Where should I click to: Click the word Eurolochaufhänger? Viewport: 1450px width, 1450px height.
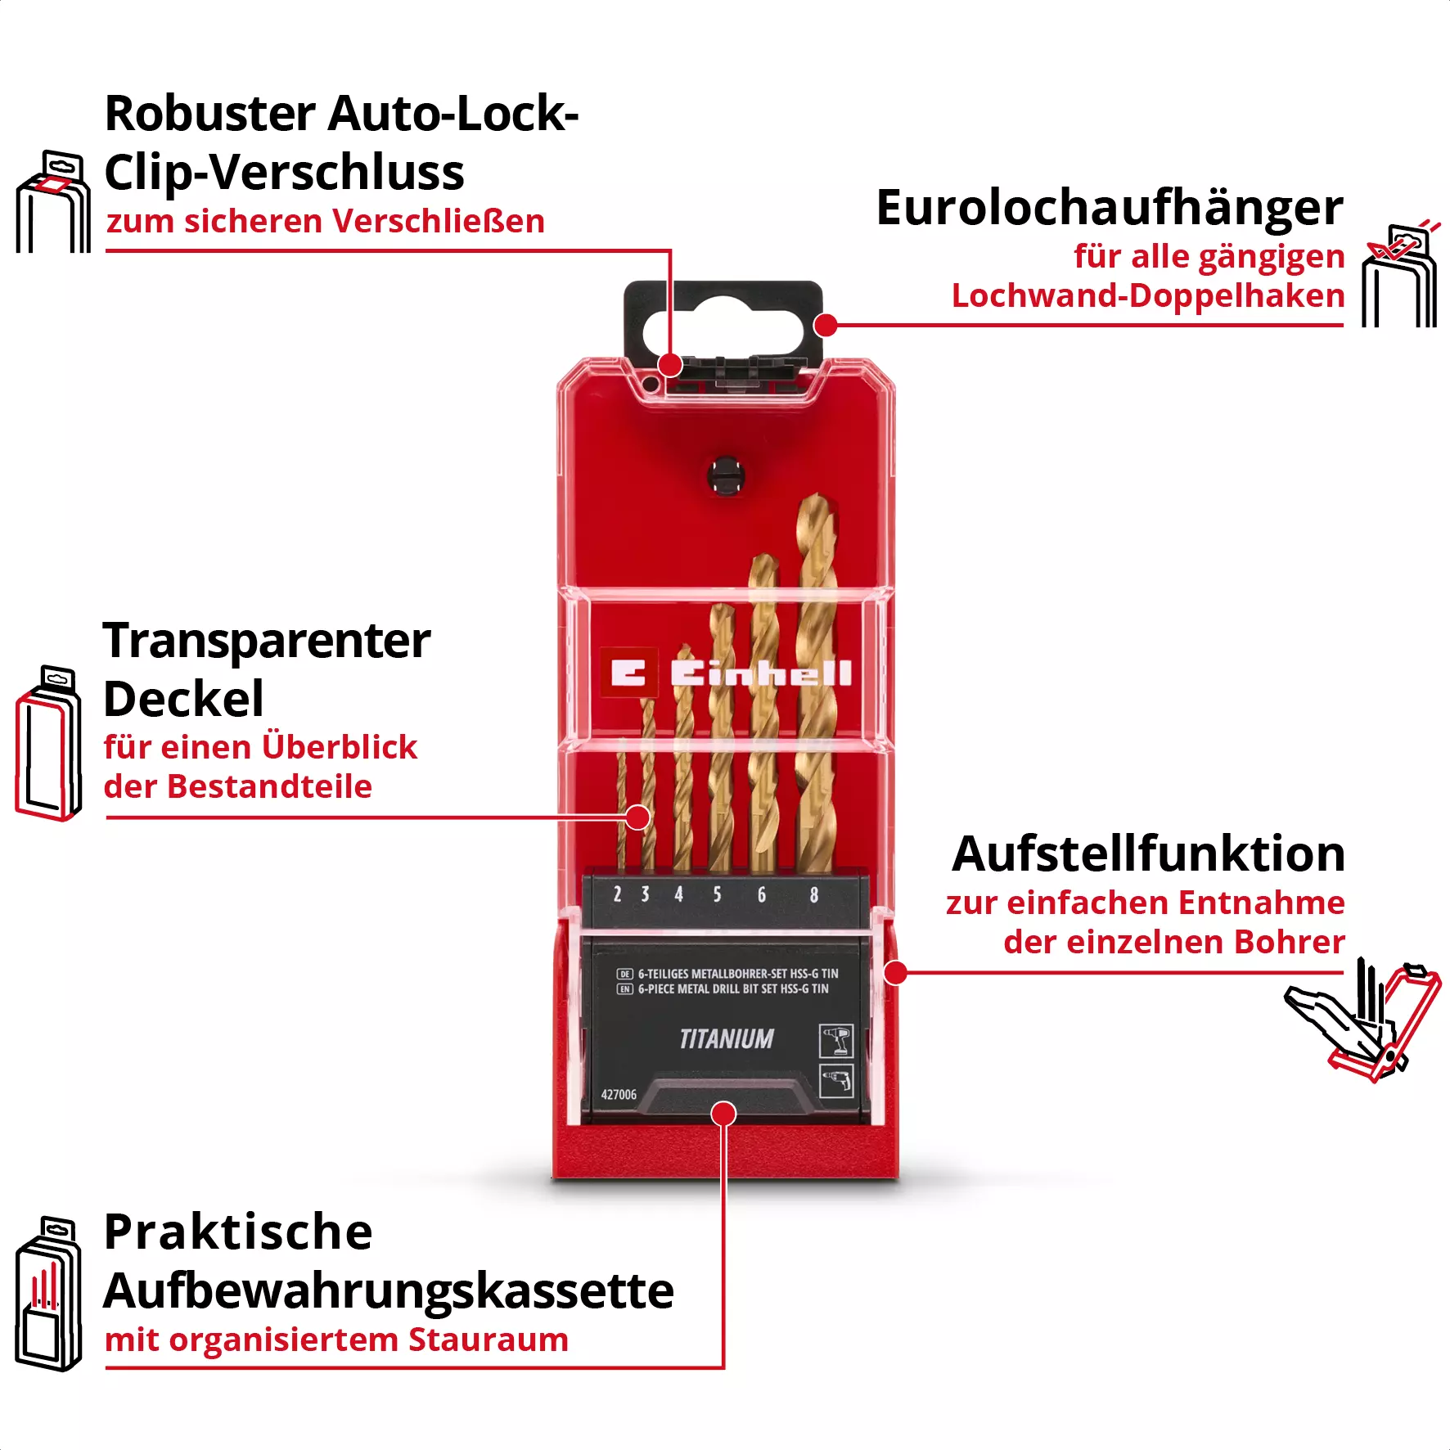pyautogui.click(x=1109, y=208)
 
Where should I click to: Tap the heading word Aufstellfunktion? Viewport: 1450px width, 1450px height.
pyautogui.click(x=1148, y=854)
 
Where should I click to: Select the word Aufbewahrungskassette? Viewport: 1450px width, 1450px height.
pyautogui.click(x=388, y=1291)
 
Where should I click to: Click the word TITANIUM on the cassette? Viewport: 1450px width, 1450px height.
pyautogui.click(x=727, y=1039)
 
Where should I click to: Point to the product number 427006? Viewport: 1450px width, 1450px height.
pyautogui.click(x=619, y=1095)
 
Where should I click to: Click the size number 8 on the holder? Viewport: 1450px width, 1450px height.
pyautogui.click(x=813, y=894)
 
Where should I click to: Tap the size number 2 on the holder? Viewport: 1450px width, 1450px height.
pyautogui.click(x=617, y=894)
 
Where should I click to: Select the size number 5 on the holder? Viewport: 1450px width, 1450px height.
pyautogui.click(x=717, y=894)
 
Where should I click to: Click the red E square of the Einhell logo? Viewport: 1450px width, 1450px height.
pyautogui.click(x=628, y=673)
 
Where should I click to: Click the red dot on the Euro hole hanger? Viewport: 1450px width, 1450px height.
pyautogui.click(x=826, y=325)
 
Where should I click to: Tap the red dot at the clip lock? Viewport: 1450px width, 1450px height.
pyautogui.click(x=670, y=365)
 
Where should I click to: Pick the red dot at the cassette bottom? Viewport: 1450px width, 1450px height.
pyautogui.click(x=723, y=1114)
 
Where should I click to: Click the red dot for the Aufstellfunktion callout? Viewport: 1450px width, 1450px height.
pyautogui.click(x=896, y=973)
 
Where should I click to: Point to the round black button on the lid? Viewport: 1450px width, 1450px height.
pyautogui.click(x=725, y=475)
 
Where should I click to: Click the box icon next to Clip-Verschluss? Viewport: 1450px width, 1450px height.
pyautogui.click(x=53, y=203)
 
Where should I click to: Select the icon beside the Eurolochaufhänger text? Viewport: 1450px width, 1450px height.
pyautogui.click(x=1399, y=275)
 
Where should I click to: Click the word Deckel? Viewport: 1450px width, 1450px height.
pyautogui.click(x=183, y=700)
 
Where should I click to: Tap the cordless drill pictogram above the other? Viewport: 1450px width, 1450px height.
pyautogui.click(x=836, y=1041)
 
